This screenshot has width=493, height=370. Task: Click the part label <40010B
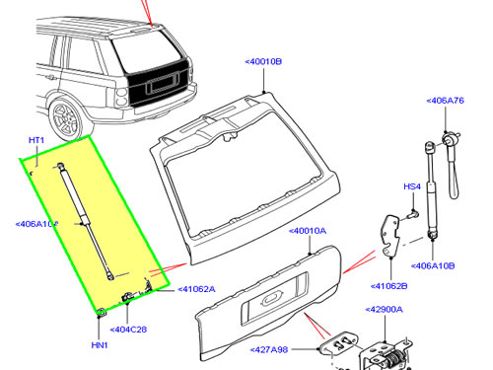[263, 61]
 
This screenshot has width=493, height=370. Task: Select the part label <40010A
[308, 231]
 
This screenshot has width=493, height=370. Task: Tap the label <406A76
[445, 101]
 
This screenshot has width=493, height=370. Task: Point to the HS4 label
[412, 186]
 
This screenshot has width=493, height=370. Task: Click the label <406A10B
[433, 265]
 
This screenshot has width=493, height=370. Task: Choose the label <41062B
[388, 286]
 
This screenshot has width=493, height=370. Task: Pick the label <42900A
[384, 310]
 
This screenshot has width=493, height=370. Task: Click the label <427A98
[269, 349]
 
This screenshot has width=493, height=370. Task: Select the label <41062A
[196, 289]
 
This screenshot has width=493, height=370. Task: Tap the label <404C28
[128, 330]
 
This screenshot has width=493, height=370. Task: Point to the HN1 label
[100, 345]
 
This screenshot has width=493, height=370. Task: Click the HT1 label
[36, 140]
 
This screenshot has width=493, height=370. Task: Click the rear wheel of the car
[66, 118]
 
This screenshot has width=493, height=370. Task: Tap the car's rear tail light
[121, 98]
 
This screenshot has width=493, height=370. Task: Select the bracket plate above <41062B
[391, 235]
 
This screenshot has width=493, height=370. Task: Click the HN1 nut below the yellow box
[101, 312]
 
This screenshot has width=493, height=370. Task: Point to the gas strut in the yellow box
[86, 222]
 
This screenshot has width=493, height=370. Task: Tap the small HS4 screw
[413, 214]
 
